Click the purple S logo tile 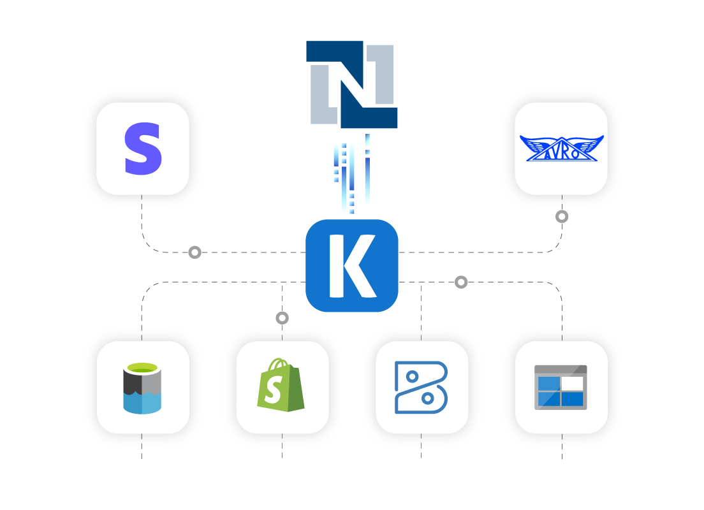(143, 149)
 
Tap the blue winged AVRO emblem (561, 149)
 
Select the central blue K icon (352, 265)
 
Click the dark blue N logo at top (352, 84)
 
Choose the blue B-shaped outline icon (421, 388)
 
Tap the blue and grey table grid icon (561, 388)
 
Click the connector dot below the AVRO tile (562, 217)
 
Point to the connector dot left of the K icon (194, 252)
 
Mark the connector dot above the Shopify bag (282, 317)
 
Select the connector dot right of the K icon (461, 282)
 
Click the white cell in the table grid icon (572, 383)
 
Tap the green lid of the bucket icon (142, 368)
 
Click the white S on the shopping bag (273, 391)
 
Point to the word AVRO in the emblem (561, 153)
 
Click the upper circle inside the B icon (412, 377)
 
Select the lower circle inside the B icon (428, 398)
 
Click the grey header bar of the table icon (561, 369)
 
